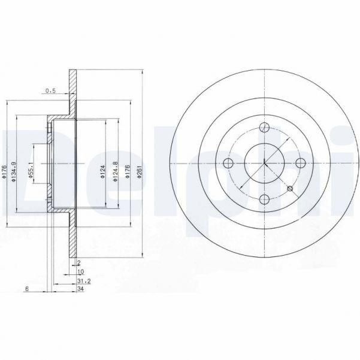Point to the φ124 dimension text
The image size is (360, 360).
(x=102, y=174)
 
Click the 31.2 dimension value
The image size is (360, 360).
(x=83, y=279)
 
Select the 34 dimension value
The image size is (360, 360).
(x=81, y=288)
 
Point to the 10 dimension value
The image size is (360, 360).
(x=80, y=271)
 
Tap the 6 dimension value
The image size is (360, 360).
(x=27, y=288)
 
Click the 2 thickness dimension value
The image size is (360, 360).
(x=79, y=262)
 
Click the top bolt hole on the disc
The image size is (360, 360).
(x=264, y=126)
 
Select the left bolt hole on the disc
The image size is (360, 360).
(x=227, y=164)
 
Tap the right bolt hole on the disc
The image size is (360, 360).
(x=301, y=163)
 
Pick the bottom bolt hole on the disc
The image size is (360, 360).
(x=264, y=200)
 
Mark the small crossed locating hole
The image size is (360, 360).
(x=291, y=189)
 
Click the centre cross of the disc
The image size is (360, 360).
(x=264, y=163)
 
